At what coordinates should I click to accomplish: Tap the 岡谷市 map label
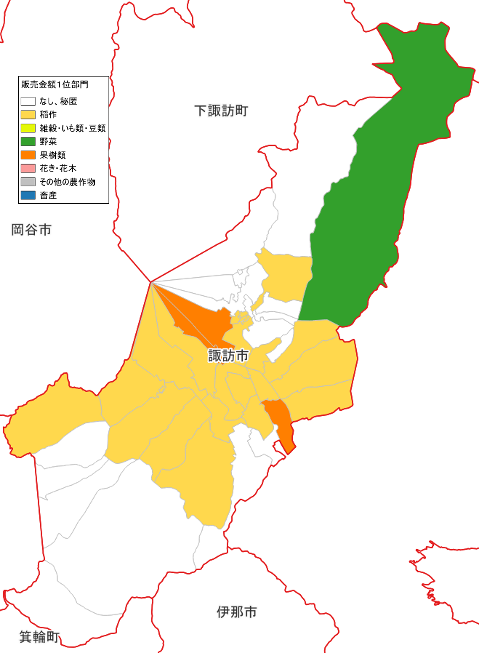(31, 230)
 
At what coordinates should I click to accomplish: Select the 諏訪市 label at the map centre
(228, 355)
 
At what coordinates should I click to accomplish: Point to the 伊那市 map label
(237, 612)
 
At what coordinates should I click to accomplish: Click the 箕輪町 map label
(39, 637)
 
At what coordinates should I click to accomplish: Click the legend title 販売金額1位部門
(55, 85)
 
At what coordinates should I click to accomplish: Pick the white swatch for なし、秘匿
(28, 101)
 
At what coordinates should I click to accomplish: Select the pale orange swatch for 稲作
(28, 115)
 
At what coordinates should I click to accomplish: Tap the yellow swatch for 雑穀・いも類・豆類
(28, 128)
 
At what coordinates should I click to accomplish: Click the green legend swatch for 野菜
(28, 141)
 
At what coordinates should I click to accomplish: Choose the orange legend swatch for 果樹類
(28, 155)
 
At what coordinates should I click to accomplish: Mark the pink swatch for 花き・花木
(28, 168)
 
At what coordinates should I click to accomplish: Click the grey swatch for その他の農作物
(28, 182)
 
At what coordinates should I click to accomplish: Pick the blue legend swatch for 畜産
(28, 195)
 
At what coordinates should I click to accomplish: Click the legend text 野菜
(48, 141)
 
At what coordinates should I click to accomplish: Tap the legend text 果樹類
(52, 155)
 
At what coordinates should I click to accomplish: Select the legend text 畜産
(48, 195)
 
